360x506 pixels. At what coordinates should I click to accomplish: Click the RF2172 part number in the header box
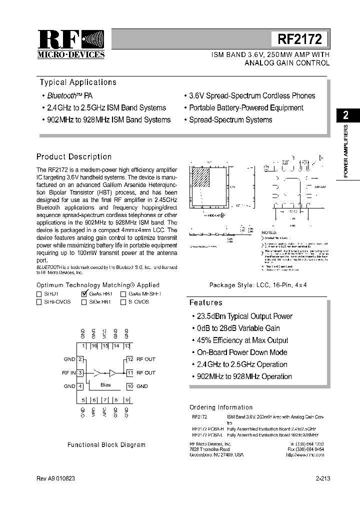coord(299,38)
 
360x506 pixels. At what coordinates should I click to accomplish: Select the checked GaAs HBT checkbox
coord(84,294)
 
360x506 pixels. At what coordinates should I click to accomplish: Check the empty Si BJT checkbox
coord(39,294)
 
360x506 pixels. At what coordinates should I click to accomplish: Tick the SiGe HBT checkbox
coord(84,302)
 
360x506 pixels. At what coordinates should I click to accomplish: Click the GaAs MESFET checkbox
coord(123,294)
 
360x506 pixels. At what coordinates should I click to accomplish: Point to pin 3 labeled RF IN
coord(80,372)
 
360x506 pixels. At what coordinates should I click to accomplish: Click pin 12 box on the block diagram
coord(129,359)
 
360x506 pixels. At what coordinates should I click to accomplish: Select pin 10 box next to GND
coord(129,386)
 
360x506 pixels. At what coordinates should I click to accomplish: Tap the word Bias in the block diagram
coord(105,385)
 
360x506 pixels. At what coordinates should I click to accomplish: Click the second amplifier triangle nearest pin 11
coord(113,372)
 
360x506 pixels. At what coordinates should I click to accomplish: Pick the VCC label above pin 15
coord(104,333)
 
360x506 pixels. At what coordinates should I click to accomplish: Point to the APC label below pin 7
coord(104,412)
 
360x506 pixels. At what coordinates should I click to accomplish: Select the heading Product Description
coord(74,157)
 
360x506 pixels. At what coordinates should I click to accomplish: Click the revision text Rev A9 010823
coord(56,478)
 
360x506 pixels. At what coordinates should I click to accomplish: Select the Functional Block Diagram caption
coord(106,444)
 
